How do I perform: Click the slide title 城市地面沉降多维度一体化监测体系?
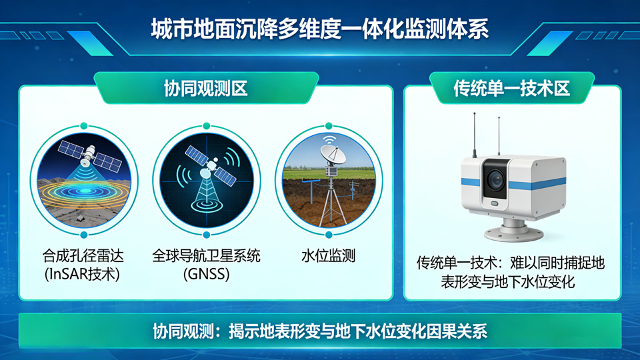click(x=320, y=29)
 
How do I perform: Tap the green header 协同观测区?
click(x=206, y=88)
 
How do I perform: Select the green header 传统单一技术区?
click(x=512, y=88)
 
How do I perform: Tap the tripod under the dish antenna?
click(x=331, y=201)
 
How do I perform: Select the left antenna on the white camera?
click(x=474, y=135)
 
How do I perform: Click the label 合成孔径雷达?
click(x=83, y=256)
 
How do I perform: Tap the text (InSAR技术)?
click(x=82, y=274)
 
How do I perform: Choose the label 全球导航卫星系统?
click(x=206, y=256)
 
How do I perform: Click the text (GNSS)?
click(x=206, y=274)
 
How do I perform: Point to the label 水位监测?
click(x=328, y=256)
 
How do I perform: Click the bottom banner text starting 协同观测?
click(x=320, y=331)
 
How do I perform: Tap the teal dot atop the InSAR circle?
click(x=84, y=126)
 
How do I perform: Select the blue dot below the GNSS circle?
click(x=206, y=235)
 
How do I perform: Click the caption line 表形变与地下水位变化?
click(x=508, y=281)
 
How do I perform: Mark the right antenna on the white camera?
click(x=499, y=136)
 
